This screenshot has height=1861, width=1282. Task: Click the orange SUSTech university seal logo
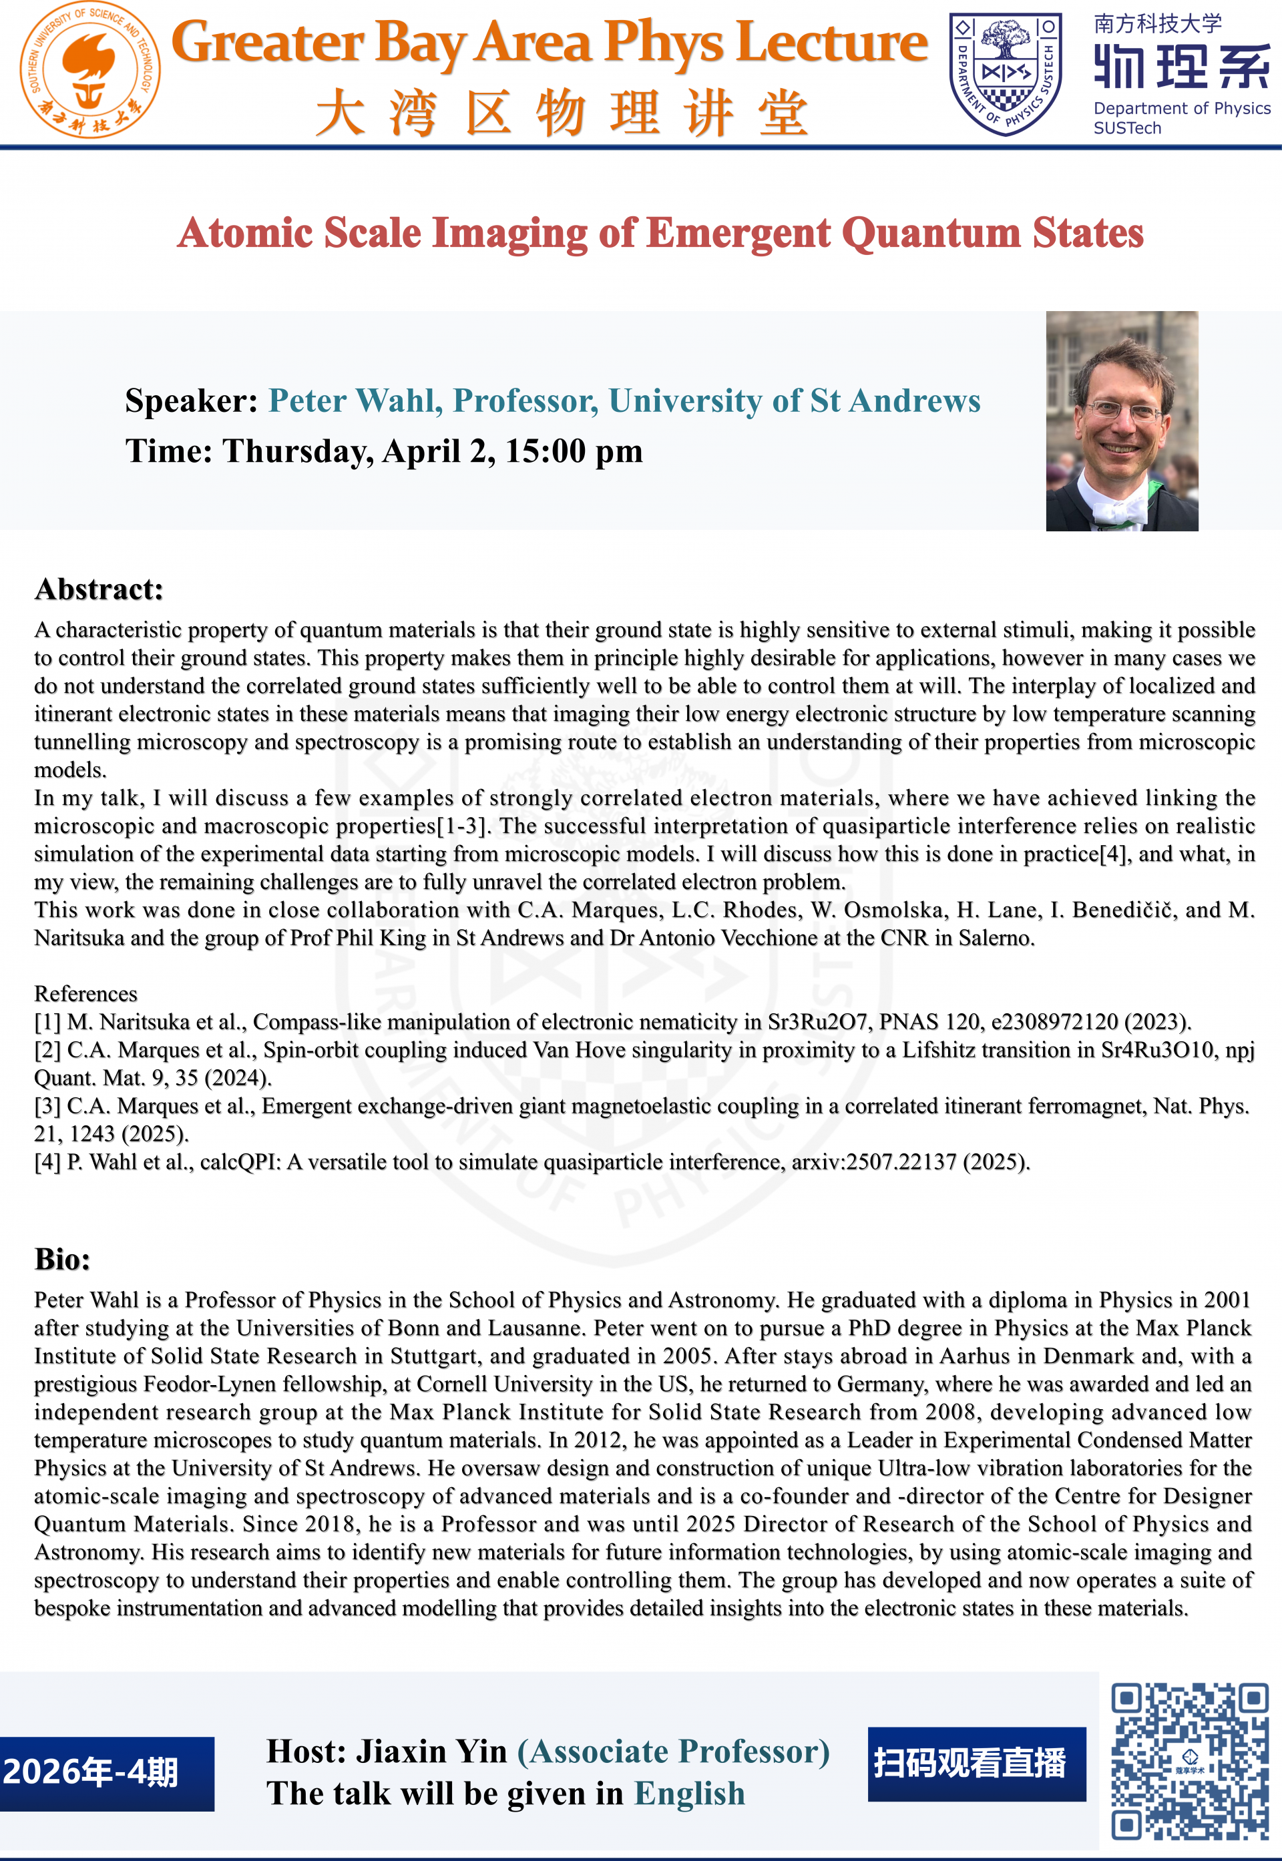click(x=89, y=71)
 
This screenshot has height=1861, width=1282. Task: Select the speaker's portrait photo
click(x=1121, y=421)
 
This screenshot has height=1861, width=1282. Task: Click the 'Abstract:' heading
click(x=99, y=589)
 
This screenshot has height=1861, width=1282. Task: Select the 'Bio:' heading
click(x=62, y=1259)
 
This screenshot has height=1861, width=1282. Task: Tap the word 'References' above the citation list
click(x=85, y=994)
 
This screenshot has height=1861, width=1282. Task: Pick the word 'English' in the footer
click(x=689, y=1794)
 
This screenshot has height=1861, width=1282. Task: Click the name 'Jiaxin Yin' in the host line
click(x=431, y=1751)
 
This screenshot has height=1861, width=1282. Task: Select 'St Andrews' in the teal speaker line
click(x=895, y=401)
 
